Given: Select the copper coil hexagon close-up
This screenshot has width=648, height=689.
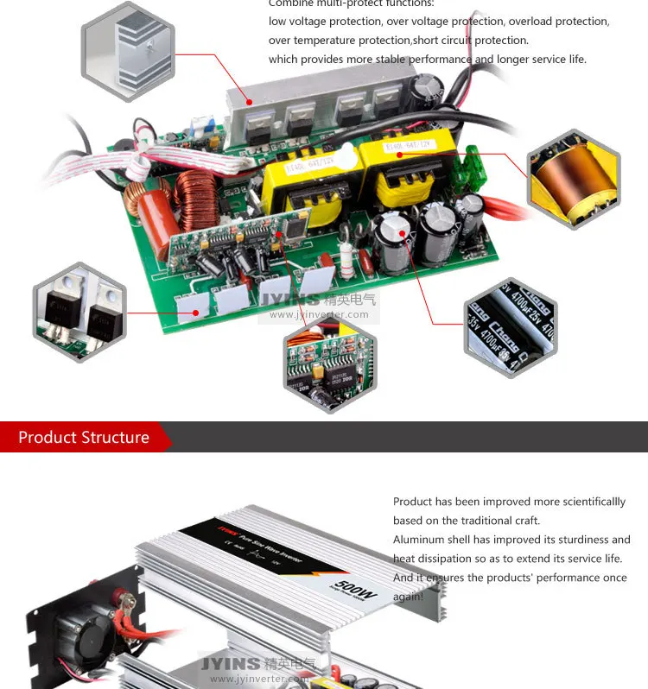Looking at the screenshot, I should click(574, 179).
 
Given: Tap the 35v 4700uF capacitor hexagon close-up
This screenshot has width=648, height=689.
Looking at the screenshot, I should click(510, 327).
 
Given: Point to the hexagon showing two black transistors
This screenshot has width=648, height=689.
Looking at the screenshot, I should click(79, 312).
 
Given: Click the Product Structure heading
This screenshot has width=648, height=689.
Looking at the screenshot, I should click(84, 437).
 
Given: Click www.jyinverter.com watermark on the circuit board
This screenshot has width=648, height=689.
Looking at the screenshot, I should click(319, 314).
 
